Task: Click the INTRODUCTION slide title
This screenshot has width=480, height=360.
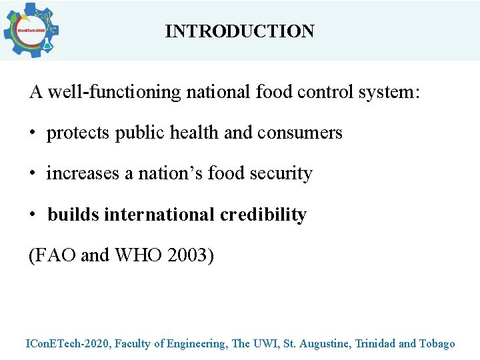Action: coord(239,31)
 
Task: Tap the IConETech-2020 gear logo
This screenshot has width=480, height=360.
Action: coord(31,31)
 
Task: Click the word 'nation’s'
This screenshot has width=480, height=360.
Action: coord(170,173)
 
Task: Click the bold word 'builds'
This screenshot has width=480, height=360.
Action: coord(73,215)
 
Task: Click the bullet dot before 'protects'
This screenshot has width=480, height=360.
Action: coord(33,133)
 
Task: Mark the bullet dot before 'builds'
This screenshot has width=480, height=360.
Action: coord(33,215)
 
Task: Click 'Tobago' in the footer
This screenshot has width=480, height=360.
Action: coord(437,344)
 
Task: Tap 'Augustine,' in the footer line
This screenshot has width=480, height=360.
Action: coord(325,344)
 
